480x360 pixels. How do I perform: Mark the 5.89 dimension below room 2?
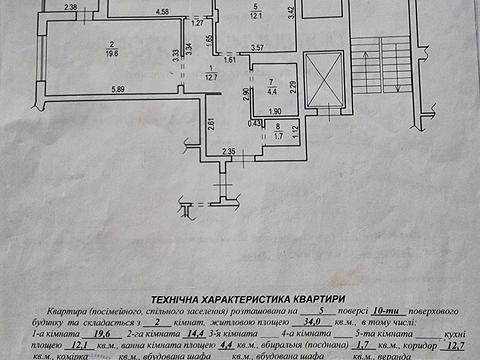pyautogui.click(x=119, y=91)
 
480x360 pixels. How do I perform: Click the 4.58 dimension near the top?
pyautogui.click(x=162, y=12)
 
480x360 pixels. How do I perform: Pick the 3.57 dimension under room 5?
pyautogui.click(x=257, y=48)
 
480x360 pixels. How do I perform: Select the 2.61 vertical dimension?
pyautogui.click(x=212, y=124)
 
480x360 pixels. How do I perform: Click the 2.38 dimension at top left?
pyautogui.click(x=70, y=8)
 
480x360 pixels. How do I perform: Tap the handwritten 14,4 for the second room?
pyautogui.click(x=187, y=337)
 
